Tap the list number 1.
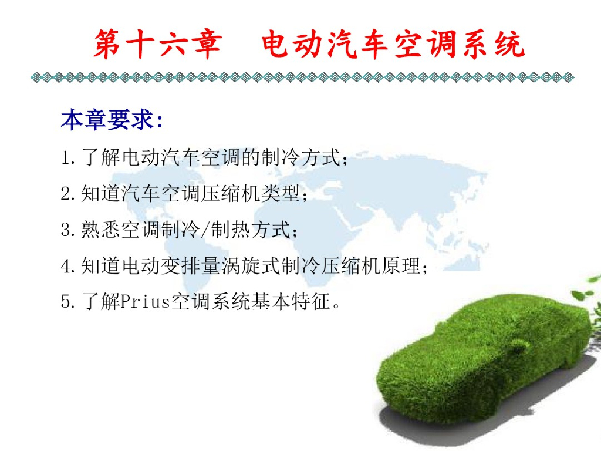pyautogui.click(x=65, y=158)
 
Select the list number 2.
pyautogui.click(x=65, y=194)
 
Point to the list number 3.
pyautogui.click(x=65, y=230)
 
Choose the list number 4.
pyautogui.click(x=65, y=267)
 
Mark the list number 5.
pyautogui.click(x=65, y=303)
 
